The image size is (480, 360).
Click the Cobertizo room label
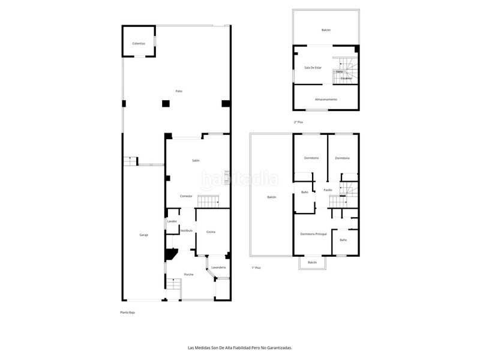tap(139, 43)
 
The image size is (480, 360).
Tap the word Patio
tap(179, 91)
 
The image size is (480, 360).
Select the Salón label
tap(196, 161)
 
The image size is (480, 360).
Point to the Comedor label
tap(187, 196)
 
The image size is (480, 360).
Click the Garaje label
tap(144, 235)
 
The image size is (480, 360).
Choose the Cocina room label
tap(211, 232)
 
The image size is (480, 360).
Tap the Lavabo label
tap(172, 221)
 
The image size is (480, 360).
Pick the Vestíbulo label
tap(187, 230)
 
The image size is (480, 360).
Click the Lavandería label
tap(218, 267)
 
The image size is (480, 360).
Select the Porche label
tap(189, 274)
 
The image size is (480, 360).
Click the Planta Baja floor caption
tap(127, 313)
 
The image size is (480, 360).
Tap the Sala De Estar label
tap(313, 68)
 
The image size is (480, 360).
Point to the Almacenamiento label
tap(326, 99)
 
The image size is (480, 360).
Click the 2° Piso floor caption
tap(299, 122)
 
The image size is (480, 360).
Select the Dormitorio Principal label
tap(313, 233)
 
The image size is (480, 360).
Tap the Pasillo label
tap(328, 190)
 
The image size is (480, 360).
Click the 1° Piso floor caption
tap(256, 268)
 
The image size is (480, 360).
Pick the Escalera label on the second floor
tap(346, 79)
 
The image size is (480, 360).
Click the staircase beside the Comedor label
tap(208, 201)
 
